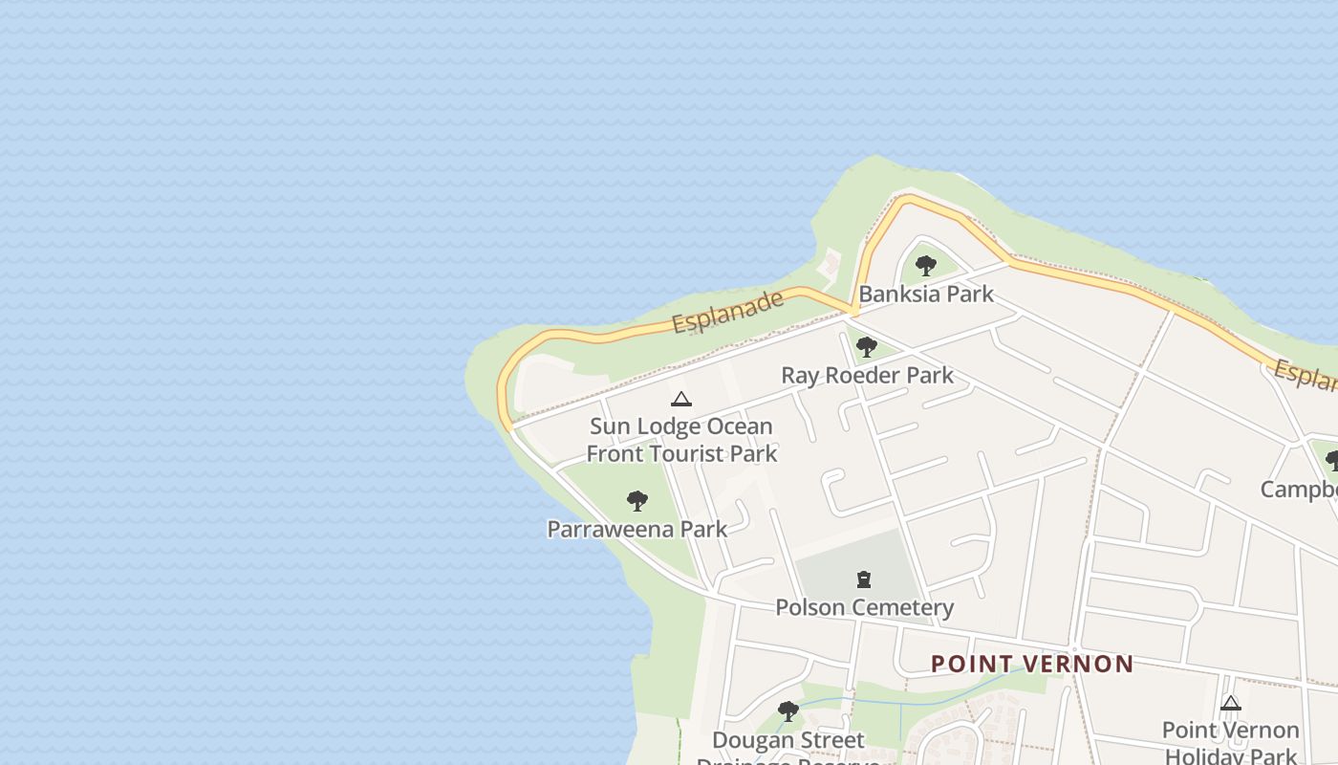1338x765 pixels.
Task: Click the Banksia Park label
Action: pos(926,294)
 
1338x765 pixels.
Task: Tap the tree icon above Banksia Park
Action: pos(925,266)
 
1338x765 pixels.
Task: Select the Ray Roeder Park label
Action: pos(867,375)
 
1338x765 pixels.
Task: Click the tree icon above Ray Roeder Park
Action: pos(866,347)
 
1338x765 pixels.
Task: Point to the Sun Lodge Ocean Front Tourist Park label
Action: pos(681,439)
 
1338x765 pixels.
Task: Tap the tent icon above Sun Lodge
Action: pos(680,399)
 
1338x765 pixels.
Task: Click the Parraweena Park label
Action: pos(637,529)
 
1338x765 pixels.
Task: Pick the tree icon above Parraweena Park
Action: pos(637,500)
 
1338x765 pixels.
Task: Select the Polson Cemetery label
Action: pos(864,607)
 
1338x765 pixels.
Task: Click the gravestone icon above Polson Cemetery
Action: pos(864,579)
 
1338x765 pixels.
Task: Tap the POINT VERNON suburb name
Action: pos(1032,664)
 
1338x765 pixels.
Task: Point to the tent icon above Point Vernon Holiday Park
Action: pos(1230,703)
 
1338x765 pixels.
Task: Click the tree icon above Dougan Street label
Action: pos(788,710)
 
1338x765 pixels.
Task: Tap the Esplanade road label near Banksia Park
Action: pos(728,312)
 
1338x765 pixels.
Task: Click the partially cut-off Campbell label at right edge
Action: pos(1299,490)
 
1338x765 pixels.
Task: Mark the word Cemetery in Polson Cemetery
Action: pos(903,607)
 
